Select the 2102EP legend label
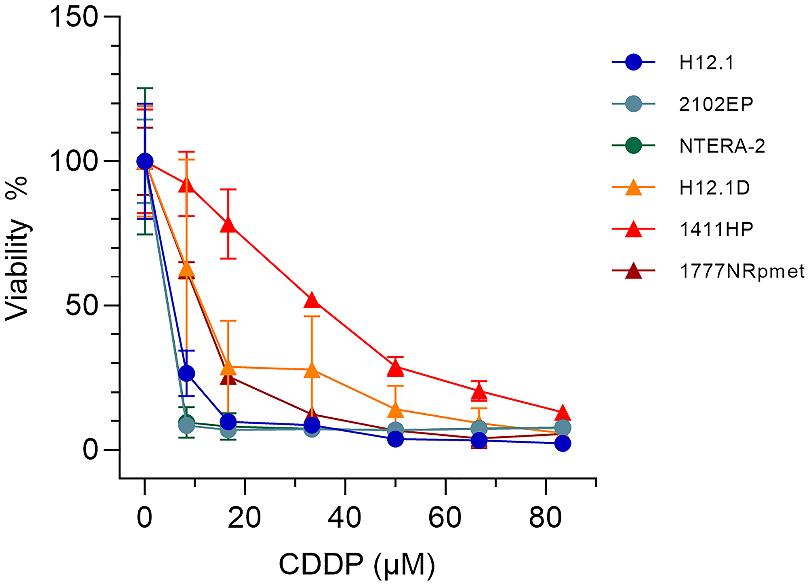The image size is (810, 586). [716, 105]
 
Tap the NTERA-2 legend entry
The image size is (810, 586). [722, 146]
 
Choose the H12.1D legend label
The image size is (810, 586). [714, 188]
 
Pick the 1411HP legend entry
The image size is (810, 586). [716, 230]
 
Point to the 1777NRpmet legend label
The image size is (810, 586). [742, 271]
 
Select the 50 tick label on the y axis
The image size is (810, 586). [82, 306]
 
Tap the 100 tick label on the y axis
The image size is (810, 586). [74, 162]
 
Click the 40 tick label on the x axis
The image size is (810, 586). [345, 518]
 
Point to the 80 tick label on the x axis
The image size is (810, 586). [546, 518]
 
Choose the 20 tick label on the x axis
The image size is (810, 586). [244, 518]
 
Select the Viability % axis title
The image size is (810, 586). [17, 248]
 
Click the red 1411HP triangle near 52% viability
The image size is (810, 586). [311, 300]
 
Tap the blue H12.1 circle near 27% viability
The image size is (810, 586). [186, 373]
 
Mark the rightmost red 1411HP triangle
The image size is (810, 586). [563, 413]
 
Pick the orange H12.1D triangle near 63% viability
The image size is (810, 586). [186, 269]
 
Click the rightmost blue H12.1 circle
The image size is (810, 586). [563, 444]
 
